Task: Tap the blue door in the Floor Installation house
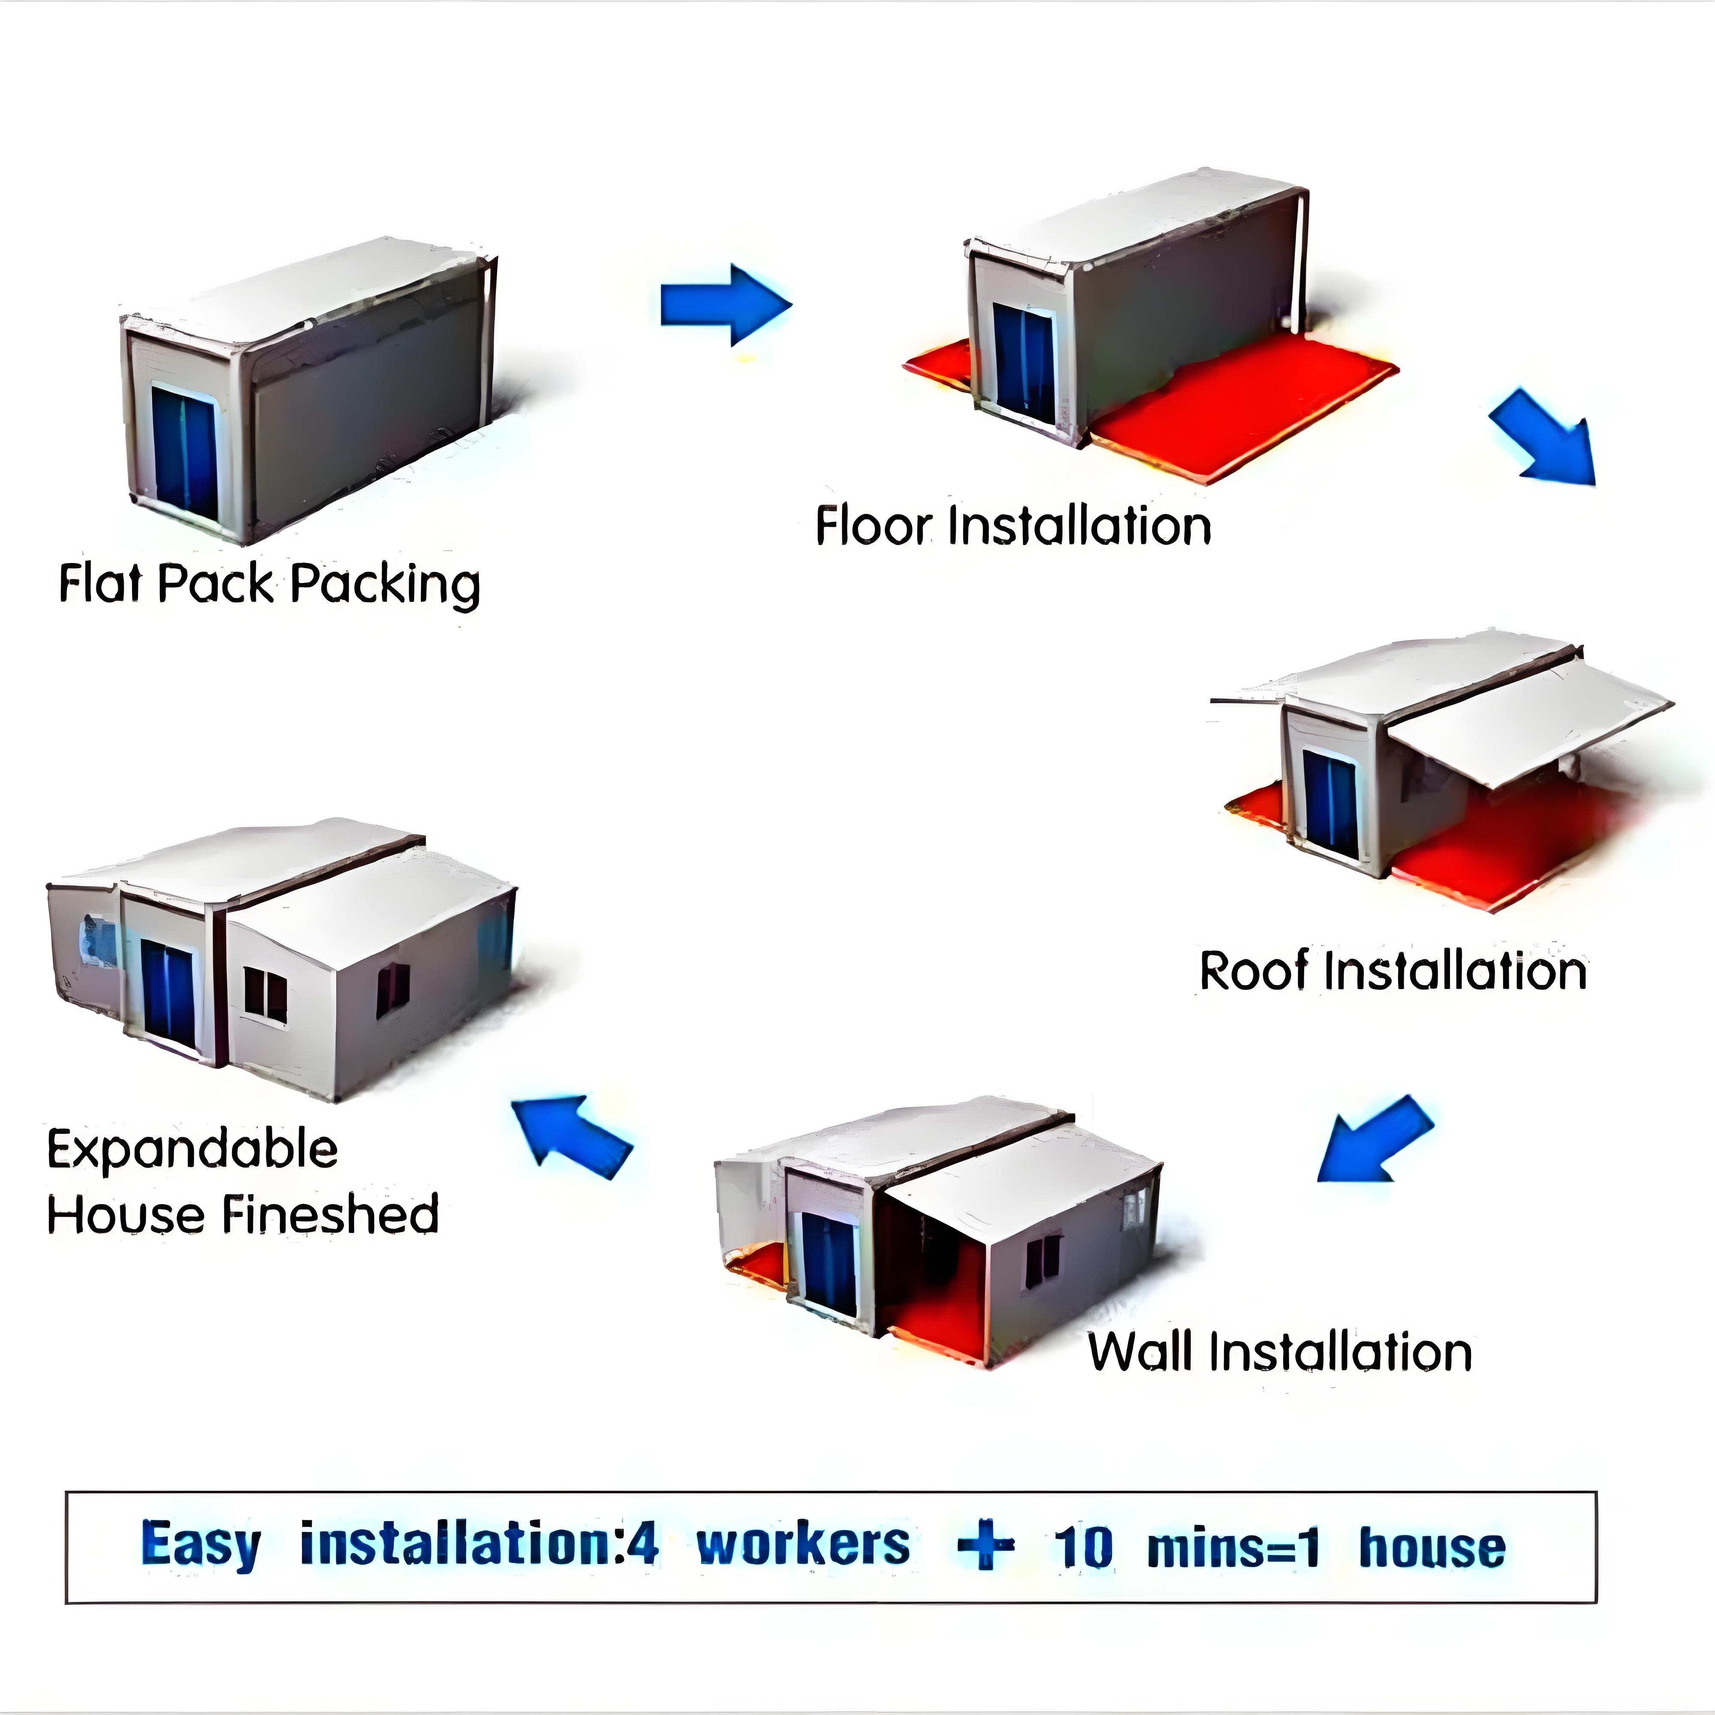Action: coord(1023,363)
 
